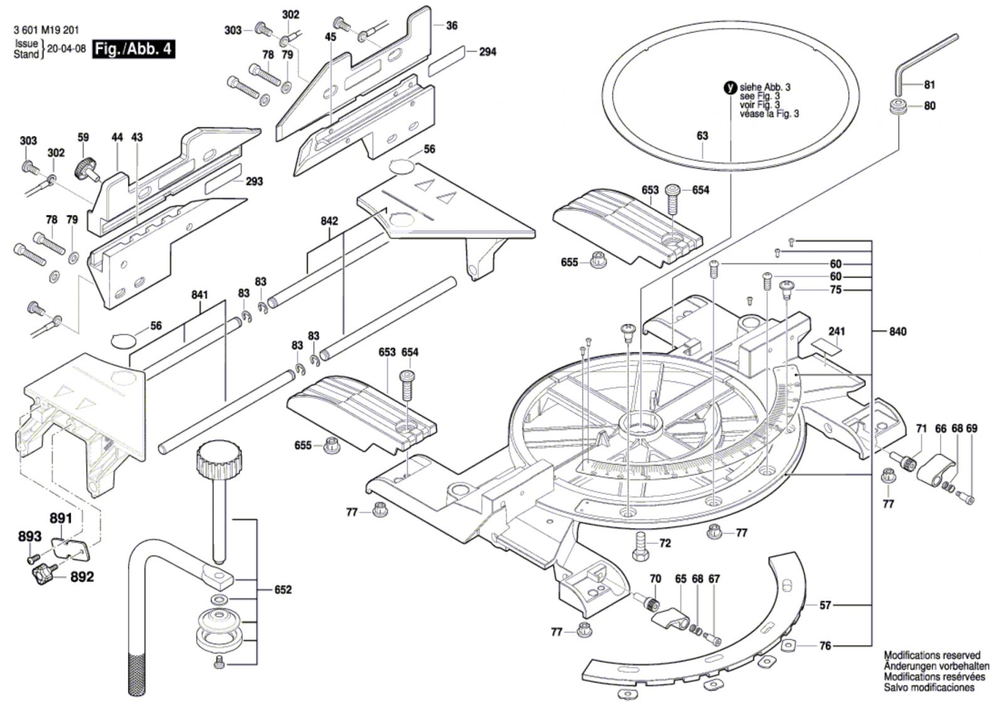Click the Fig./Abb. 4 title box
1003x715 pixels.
pos(133,50)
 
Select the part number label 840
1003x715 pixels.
pos(897,331)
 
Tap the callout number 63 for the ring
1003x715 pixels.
pos(702,136)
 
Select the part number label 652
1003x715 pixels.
pos(283,590)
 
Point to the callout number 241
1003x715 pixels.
pos(836,331)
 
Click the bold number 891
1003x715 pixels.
pos(61,518)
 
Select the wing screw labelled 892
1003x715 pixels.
pos(42,571)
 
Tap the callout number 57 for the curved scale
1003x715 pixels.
pos(826,605)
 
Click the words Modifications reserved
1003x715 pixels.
pos(932,655)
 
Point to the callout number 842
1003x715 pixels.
pos(329,221)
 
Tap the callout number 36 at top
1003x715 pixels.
pos(451,26)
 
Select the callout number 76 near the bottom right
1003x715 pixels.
pos(825,645)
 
